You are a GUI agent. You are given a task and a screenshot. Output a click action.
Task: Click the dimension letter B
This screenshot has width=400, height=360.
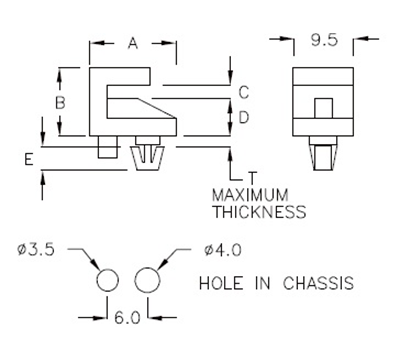point(62,102)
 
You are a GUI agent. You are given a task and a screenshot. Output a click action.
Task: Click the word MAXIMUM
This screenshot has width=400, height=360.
point(249,194)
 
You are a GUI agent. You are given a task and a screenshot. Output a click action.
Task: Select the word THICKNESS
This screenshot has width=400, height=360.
point(259,211)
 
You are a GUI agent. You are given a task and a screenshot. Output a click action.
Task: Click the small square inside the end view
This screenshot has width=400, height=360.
point(322,107)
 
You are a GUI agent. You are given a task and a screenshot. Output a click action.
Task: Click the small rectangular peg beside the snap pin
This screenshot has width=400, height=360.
point(107,149)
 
